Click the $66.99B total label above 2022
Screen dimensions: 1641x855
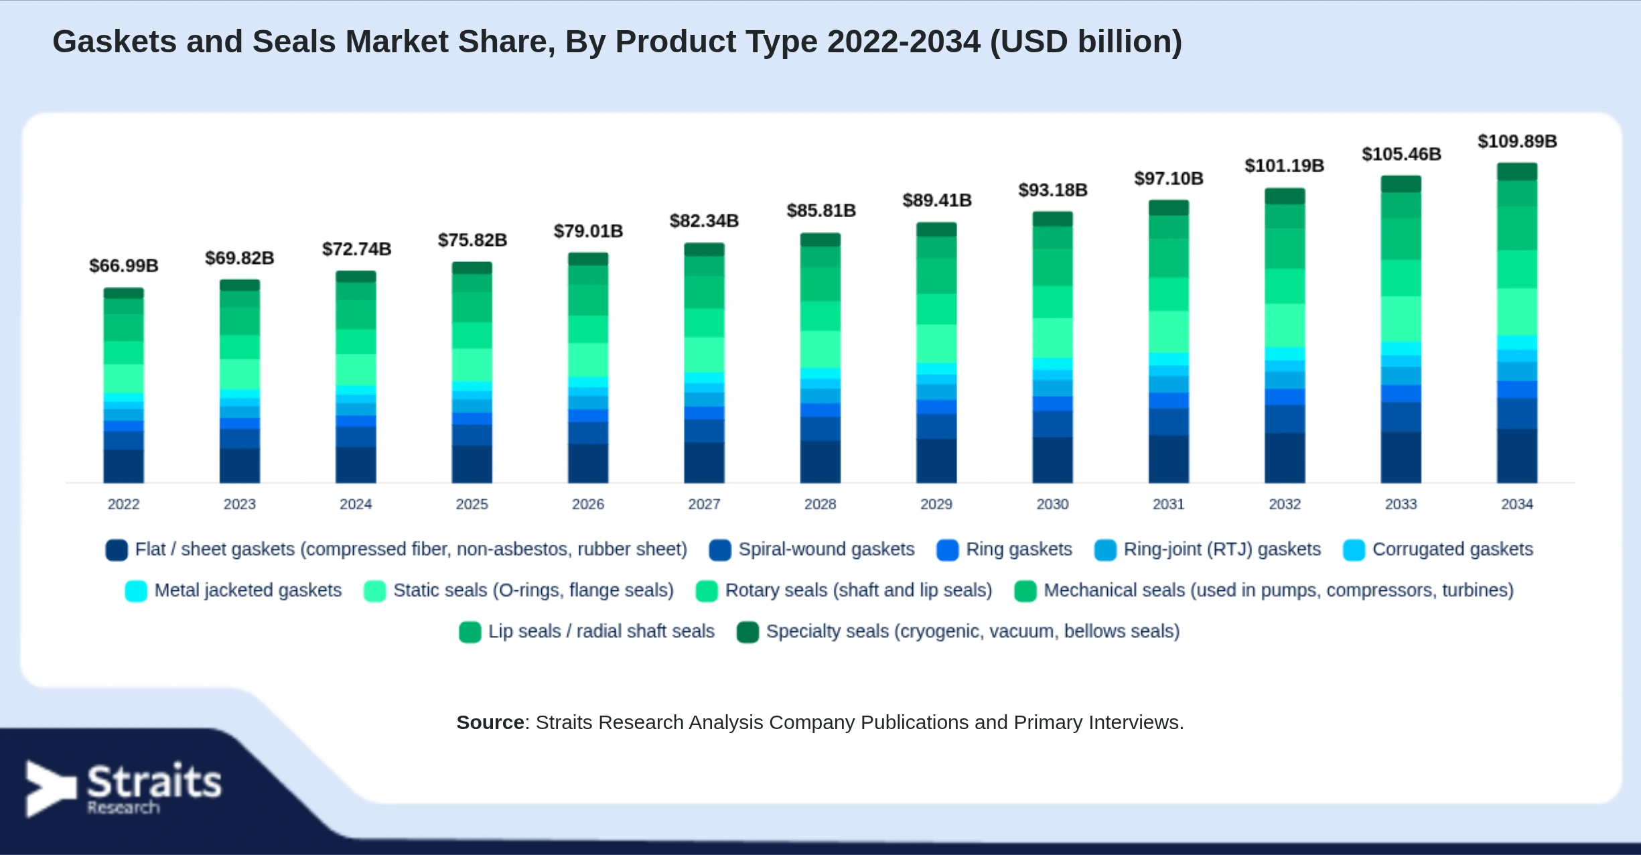(124, 266)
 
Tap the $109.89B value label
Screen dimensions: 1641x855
(1517, 141)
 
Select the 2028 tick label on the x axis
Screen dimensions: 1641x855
(820, 504)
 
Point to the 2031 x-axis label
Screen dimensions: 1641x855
(1168, 504)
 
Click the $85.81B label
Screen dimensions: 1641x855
(821, 210)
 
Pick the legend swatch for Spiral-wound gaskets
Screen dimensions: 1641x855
(720, 550)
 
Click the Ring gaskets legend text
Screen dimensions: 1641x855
(1019, 549)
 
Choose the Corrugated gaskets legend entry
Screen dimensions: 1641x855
(1438, 549)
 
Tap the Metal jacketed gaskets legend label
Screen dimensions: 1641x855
(248, 590)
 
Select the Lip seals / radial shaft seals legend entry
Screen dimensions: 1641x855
(587, 631)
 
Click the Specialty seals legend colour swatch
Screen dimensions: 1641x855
(747, 632)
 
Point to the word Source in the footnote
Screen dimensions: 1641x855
(490, 722)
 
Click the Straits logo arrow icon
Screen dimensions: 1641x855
(50, 789)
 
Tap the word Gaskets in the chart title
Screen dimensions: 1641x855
(114, 42)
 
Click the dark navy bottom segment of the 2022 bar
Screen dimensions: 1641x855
(123, 466)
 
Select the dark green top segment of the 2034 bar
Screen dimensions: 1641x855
(1517, 172)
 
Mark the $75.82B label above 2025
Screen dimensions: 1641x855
(472, 240)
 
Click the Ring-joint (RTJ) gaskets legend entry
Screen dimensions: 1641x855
(1208, 549)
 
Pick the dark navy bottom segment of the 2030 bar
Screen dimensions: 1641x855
(1052, 460)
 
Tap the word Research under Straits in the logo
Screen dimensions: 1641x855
(124, 807)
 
